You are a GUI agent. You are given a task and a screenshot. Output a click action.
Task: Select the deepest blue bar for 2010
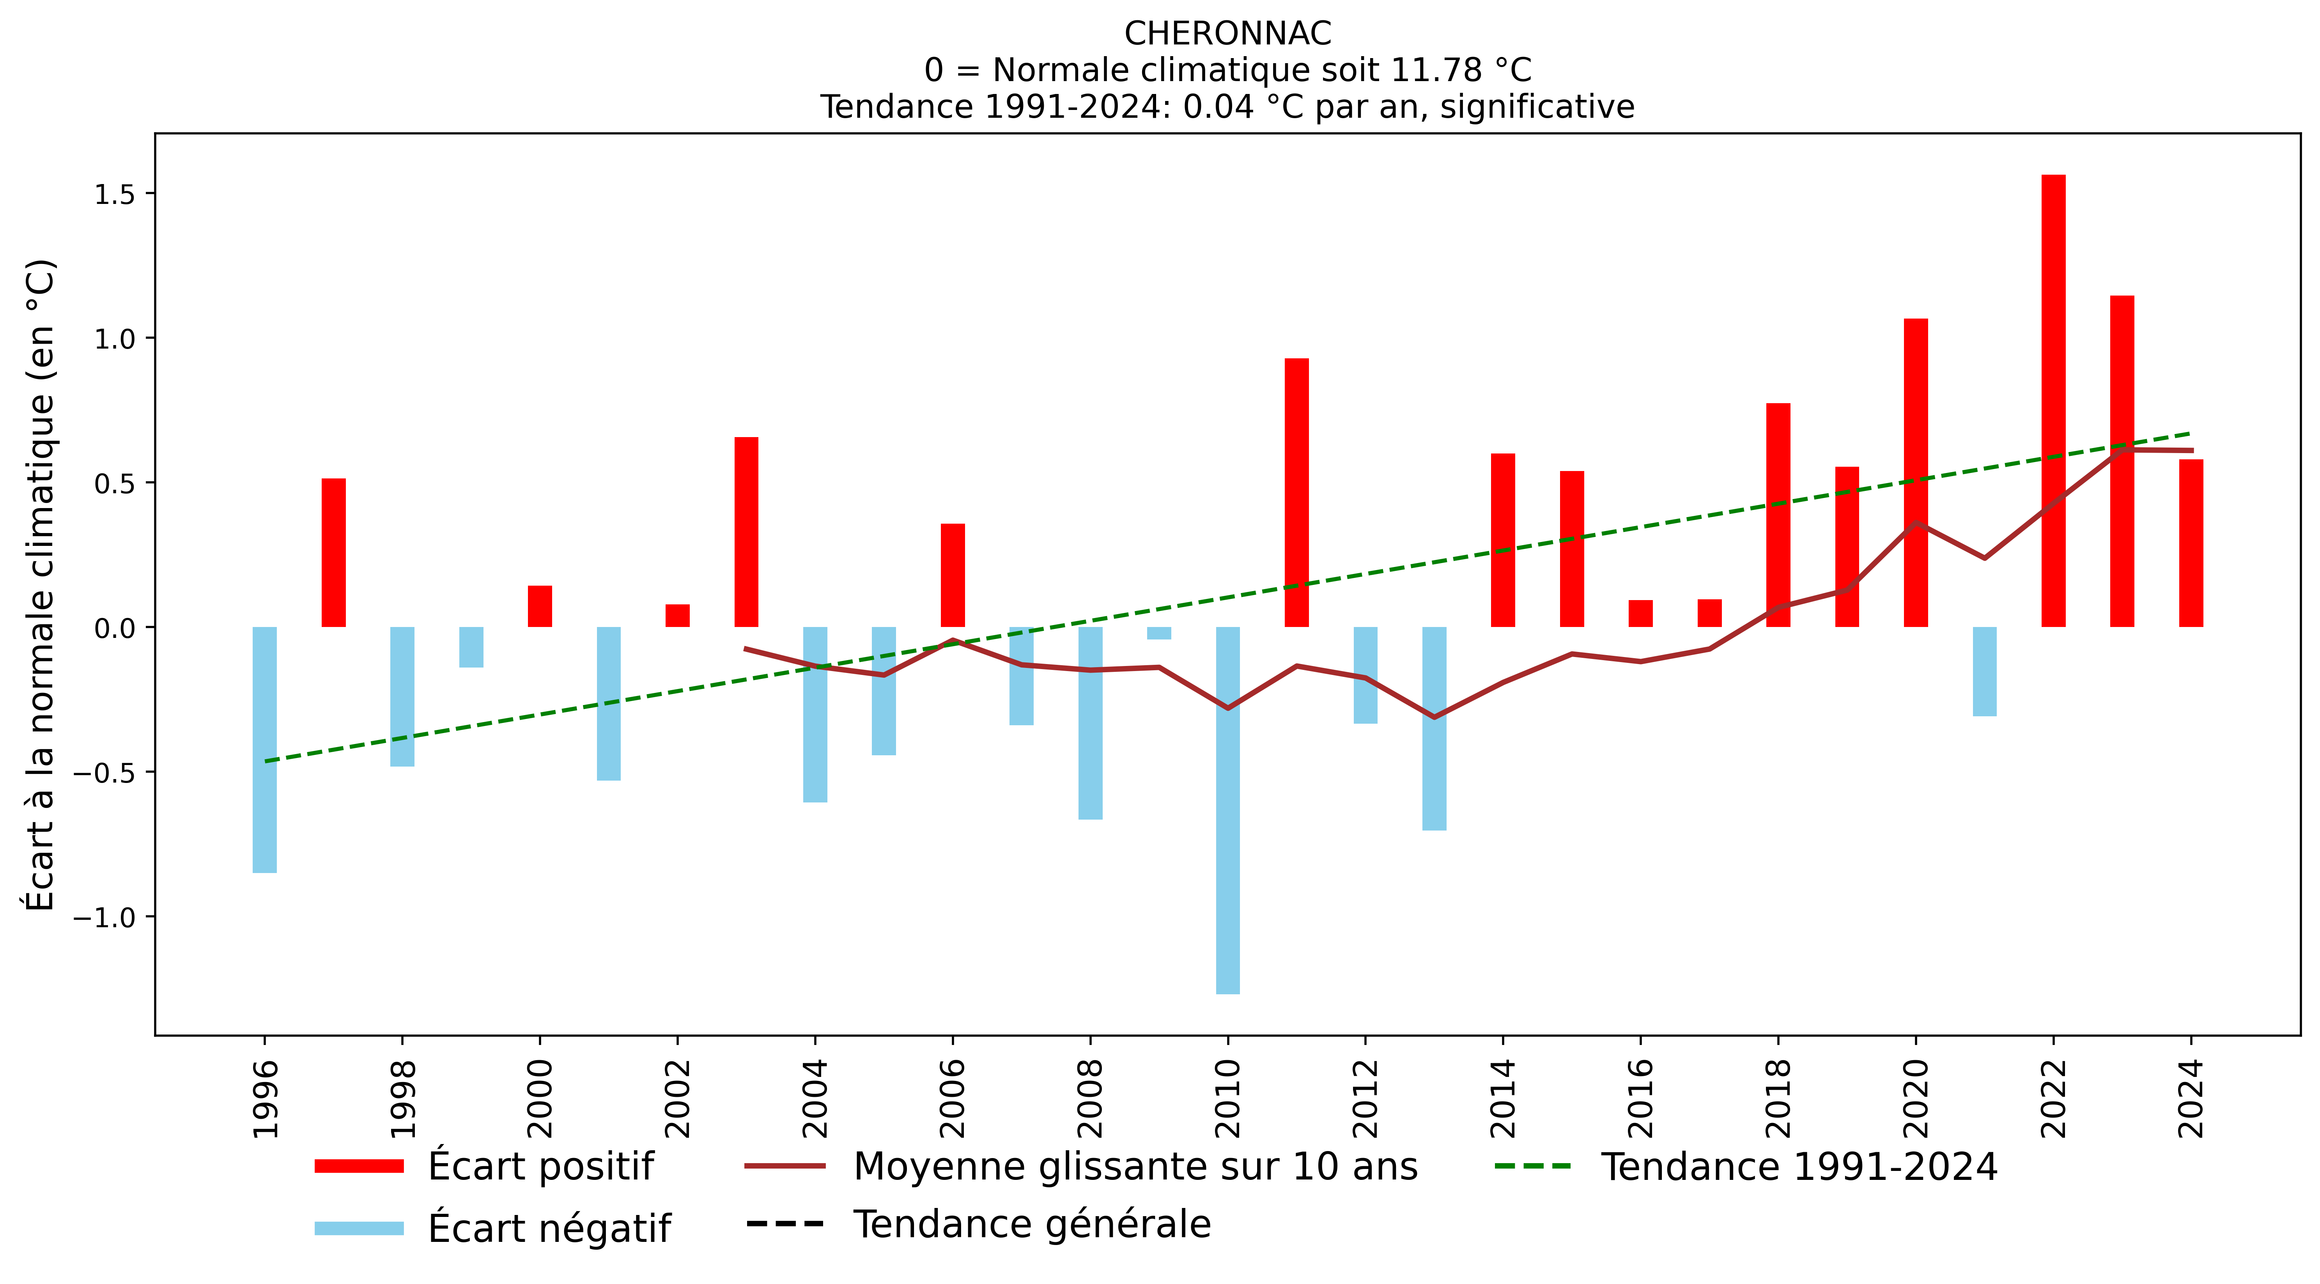[x=1227, y=810]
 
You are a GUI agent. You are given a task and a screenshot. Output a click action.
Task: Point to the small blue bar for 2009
[x=1159, y=633]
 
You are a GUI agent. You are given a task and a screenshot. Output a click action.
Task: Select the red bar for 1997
[x=333, y=553]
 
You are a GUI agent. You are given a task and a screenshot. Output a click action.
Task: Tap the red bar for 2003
[x=747, y=532]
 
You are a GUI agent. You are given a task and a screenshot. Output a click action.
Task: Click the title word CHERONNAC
[x=1227, y=33]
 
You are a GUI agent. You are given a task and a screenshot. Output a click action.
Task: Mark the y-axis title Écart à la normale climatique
[x=41, y=585]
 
